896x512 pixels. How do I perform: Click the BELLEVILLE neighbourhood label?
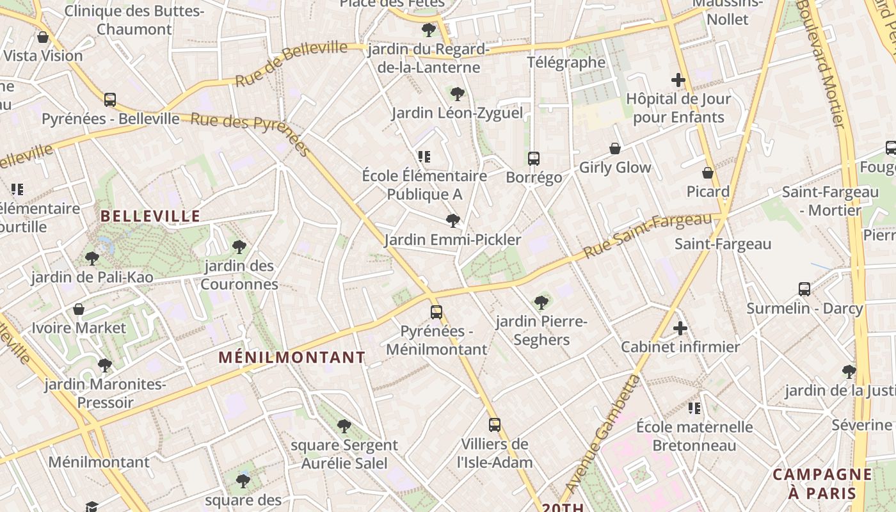pyautogui.click(x=150, y=216)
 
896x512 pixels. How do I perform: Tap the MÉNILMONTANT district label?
pyautogui.click(x=292, y=358)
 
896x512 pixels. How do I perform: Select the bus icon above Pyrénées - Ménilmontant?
pyautogui.click(x=436, y=312)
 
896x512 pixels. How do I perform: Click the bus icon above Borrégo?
pyautogui.click(x=534, y=158)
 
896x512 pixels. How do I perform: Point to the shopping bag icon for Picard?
pyautogui.click(x=708, y=173)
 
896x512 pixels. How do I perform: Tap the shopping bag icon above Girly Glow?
pyautogui.click(x=615, y=148)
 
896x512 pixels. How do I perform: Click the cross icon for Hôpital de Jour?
pyautogui.click(x=678, y=80)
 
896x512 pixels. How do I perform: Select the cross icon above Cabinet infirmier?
pyautogui.click(x=680, y=328)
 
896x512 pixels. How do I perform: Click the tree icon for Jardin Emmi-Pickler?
pyautogui.click(x=453, y=221)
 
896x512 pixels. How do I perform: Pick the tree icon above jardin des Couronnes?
pyautogui.click(x=239, y=246)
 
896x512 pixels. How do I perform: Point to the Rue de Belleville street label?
pyautogui.click(x=291, y=64)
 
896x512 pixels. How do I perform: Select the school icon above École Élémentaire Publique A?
pyautogui.click(x=424, y=156)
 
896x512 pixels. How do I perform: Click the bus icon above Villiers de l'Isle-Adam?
pyautogui.click(x=495, y=424)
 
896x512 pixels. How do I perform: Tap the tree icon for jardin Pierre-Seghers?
pyautogui.click(x=541, y=302)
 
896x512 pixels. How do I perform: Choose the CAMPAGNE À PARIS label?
pyautogui.click(x=822, y=484)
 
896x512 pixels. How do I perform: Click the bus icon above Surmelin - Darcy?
pyautogui.click(x=804, y=289)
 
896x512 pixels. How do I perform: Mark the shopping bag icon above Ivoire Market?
pyautogui.click(x=79, y=309)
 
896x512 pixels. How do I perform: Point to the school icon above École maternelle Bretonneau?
pyautogui.click(x=694, y=408)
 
